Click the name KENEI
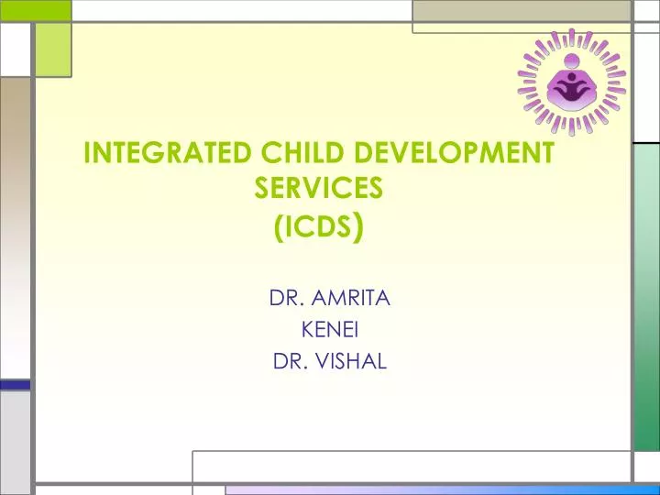click(x=329, y=329)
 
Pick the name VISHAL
click(x=351, y=361)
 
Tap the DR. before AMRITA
click(x=285, y=298)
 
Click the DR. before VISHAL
click(x=291, y=361)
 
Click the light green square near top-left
click(x=53, y=49)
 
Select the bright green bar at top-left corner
click(x=35, y=10)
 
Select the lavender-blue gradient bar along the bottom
click(x=440, y=489)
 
